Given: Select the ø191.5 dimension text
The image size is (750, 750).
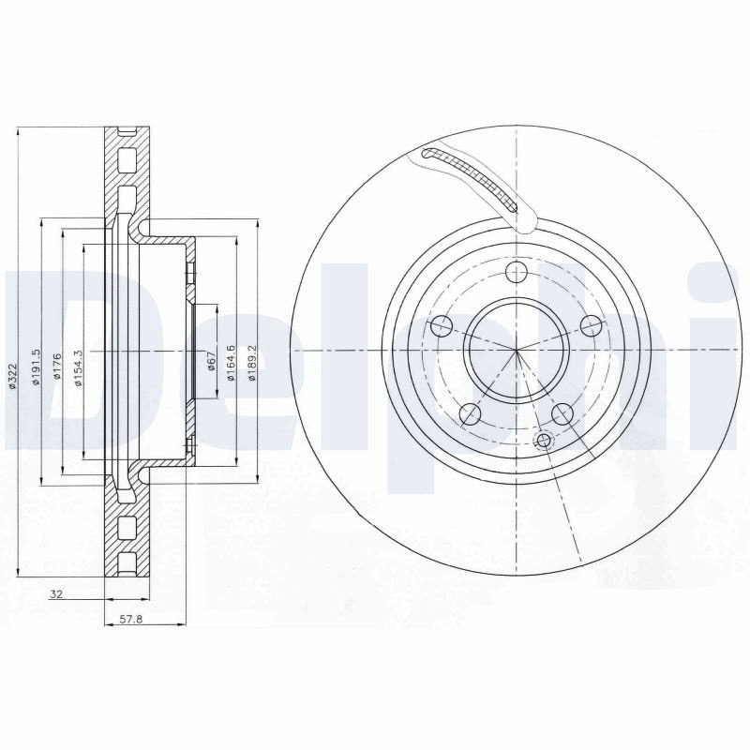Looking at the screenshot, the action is [x=35, y=367].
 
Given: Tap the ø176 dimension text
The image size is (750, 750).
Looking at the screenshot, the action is [x=57, y=366].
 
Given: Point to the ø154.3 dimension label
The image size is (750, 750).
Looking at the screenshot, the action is [x=79, y=367].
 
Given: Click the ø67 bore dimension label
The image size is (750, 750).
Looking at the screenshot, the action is [x=212, y=361].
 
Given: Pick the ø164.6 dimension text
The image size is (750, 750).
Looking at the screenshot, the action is [x=231, y=362].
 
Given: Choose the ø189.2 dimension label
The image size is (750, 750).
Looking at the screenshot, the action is [x=252, y=362].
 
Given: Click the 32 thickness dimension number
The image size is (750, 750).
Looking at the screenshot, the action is [x=56, y=594].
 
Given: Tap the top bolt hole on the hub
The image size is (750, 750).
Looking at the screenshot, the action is [x=517, y=272].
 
